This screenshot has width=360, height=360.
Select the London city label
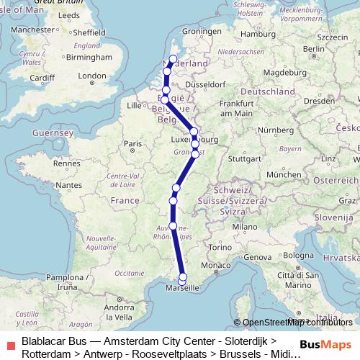[x=91, y=75]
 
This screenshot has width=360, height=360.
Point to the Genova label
[x=258, y=257]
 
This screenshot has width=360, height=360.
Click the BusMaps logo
[x=327, y=343]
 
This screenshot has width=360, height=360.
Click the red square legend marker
[x=9, y=343]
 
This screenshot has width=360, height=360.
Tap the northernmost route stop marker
[x=172, y=58]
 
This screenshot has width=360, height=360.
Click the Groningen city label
[x=201, y=32]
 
